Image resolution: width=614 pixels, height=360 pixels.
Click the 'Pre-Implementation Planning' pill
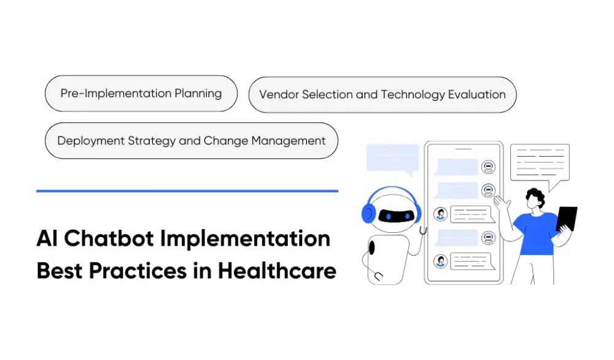141,93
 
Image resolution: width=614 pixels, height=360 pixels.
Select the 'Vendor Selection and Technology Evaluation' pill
382,95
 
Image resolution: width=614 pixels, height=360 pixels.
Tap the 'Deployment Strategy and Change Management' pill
191,141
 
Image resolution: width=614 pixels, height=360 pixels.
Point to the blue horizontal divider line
187,191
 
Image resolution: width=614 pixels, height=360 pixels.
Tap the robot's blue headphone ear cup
369,213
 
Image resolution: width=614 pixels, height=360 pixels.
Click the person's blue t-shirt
534,230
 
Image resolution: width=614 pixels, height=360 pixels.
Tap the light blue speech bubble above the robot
392,158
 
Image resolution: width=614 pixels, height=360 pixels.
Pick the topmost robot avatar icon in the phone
488,166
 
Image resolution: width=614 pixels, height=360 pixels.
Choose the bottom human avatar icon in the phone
440,261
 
